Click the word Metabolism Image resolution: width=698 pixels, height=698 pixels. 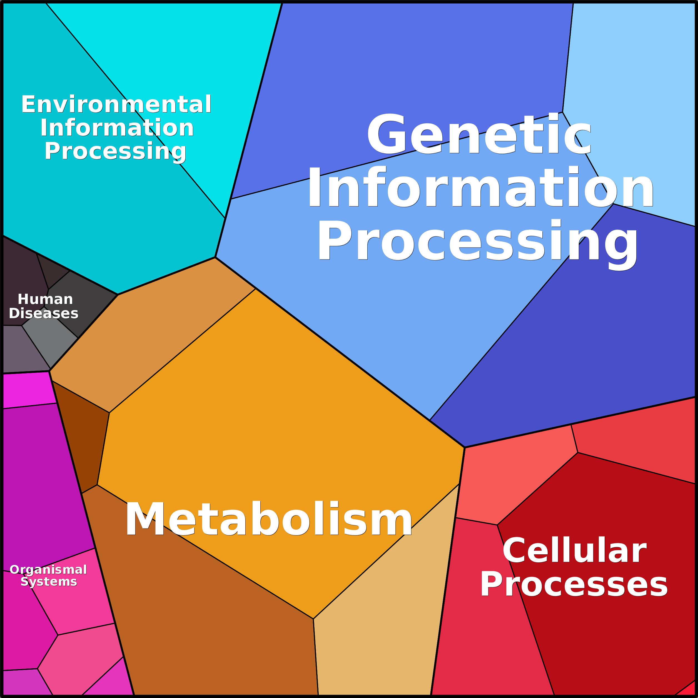[268, 519]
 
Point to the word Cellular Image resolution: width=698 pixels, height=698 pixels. [574, 550]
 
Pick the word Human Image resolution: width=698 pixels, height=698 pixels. [45, 299]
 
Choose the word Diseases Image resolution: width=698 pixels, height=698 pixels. [43, 313]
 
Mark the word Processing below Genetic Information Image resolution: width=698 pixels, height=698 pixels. [478, 241]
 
